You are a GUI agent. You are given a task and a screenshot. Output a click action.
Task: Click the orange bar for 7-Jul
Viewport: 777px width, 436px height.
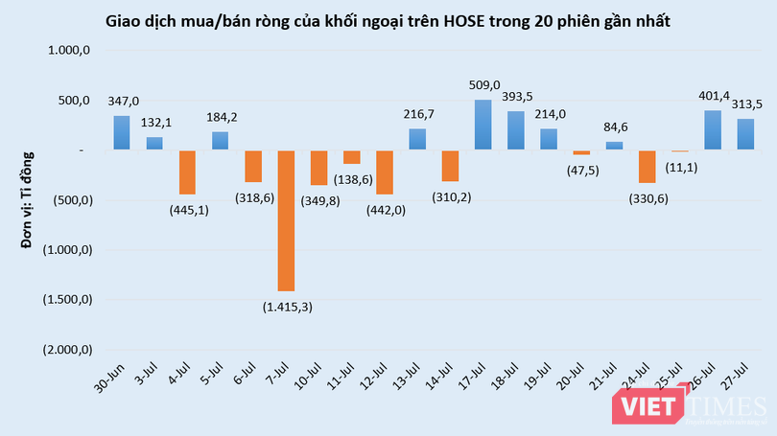(x=286, y=220)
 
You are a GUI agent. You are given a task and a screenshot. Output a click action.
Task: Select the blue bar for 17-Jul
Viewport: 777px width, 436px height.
(x=483, y=125)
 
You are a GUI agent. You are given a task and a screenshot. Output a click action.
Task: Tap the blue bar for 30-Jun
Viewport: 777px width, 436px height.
(x=122, y=133)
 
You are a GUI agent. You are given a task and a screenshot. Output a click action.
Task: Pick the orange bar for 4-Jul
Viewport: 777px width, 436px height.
(x=187, y=172)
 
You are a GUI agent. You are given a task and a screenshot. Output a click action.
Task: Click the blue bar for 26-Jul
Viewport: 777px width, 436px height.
(x=713, y=130)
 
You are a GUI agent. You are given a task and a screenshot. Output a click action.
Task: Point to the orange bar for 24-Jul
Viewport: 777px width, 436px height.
(x=647, y=167)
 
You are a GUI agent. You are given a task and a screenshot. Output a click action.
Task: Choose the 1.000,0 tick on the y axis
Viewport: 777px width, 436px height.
(x=69, y=51)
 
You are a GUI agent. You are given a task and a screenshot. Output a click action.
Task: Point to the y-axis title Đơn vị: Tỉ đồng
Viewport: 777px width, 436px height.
(x=29, y=195)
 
